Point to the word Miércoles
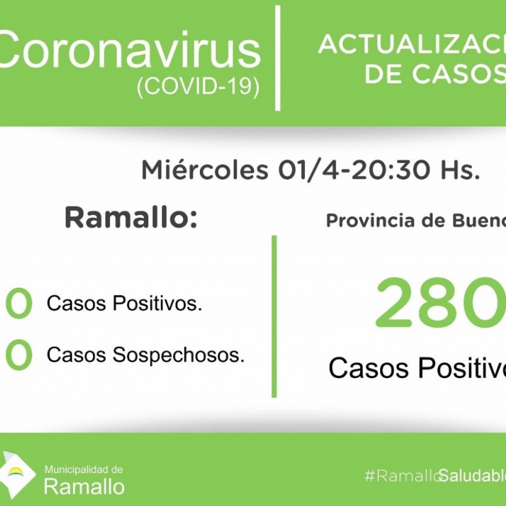(x=204, y=170)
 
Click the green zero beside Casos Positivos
(x=18, y=304)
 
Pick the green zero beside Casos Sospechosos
(x=18, y=356)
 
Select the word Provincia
(x=358, y=221)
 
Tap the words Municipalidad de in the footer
(x=83, y=470)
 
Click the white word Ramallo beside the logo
(x=84, y=487)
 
